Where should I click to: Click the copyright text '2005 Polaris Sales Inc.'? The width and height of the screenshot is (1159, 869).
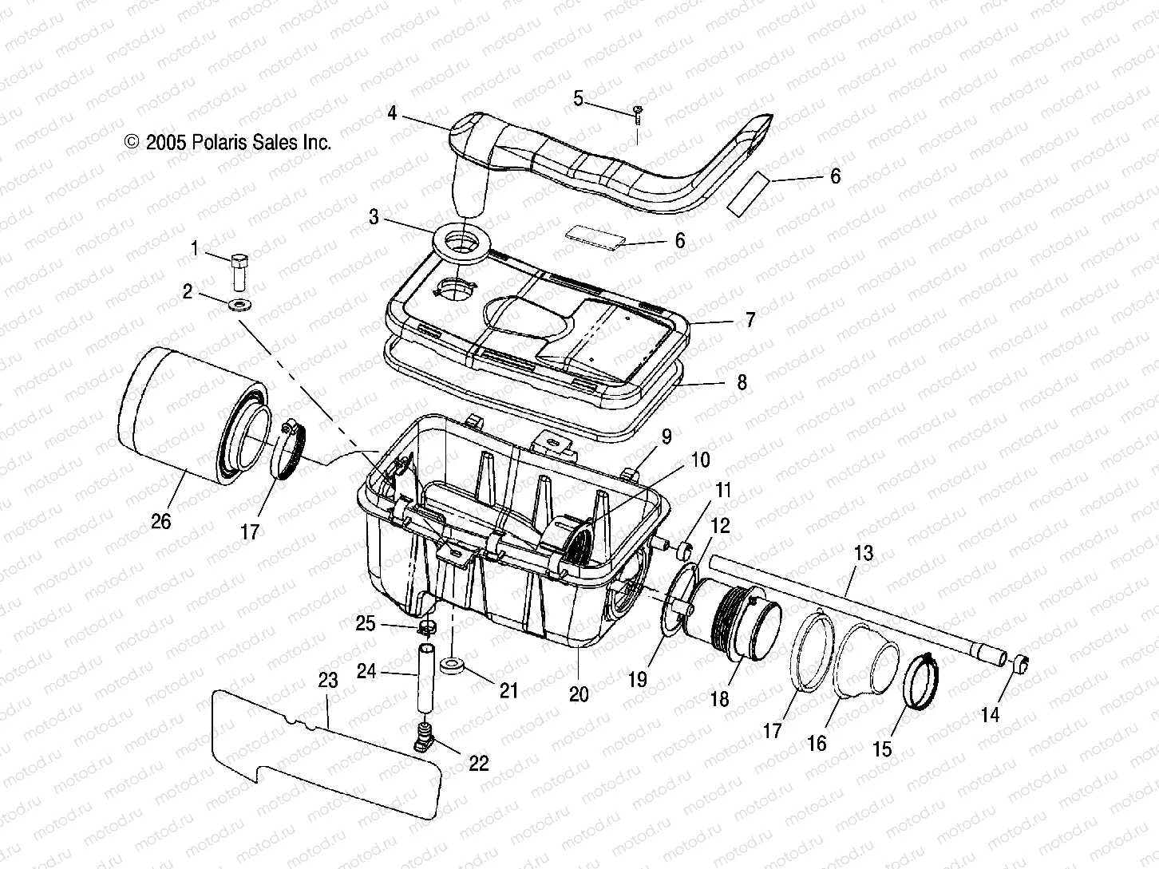point(227,143)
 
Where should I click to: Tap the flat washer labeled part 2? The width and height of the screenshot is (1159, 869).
point(239,304)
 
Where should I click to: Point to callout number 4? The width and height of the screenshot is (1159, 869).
point(392,113)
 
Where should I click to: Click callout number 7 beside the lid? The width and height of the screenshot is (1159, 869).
point(749,320)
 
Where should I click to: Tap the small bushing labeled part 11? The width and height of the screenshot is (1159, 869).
point(684,550)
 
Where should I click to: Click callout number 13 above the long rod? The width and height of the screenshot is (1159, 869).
point(864,552)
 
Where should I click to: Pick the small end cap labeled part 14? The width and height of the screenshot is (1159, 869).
point(1021,662)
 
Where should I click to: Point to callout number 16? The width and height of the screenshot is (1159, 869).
point(817,743)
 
